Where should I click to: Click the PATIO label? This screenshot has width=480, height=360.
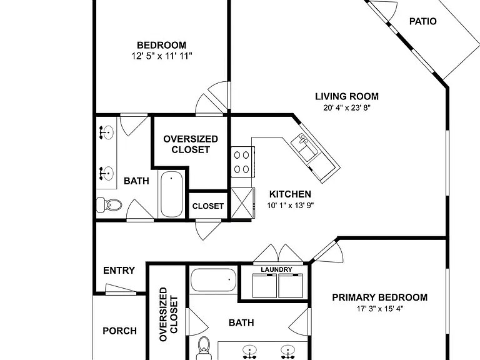coord(422,21)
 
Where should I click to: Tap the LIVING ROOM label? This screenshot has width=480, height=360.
coord(347,96)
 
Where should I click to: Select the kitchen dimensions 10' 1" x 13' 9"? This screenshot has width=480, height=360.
coord(291,205)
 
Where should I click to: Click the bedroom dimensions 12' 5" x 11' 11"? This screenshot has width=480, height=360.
coord(162,56)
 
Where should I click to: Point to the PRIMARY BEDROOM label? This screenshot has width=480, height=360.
coord(380,297)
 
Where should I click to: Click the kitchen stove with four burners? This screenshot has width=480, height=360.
coord(242,162)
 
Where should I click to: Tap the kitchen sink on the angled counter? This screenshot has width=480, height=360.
coord(304,147)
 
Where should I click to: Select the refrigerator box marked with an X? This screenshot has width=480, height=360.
coord(242,203)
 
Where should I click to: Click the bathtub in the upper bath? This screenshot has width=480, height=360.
coord(171,194)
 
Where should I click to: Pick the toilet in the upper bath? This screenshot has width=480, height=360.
coord(109,205)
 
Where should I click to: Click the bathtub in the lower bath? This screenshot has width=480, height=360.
coord(213,280)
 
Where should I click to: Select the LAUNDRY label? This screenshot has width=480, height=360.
coord(276,269)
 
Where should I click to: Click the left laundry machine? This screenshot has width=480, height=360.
coord(264,286)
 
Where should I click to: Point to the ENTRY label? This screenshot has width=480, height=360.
coord(119,270)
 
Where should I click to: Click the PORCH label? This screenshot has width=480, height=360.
coord(120,331)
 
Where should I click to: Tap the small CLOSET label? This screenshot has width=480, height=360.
coord(208,206)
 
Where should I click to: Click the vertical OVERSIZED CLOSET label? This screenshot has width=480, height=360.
coord(168,314)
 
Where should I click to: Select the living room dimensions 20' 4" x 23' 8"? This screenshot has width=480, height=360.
coord(347,107)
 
